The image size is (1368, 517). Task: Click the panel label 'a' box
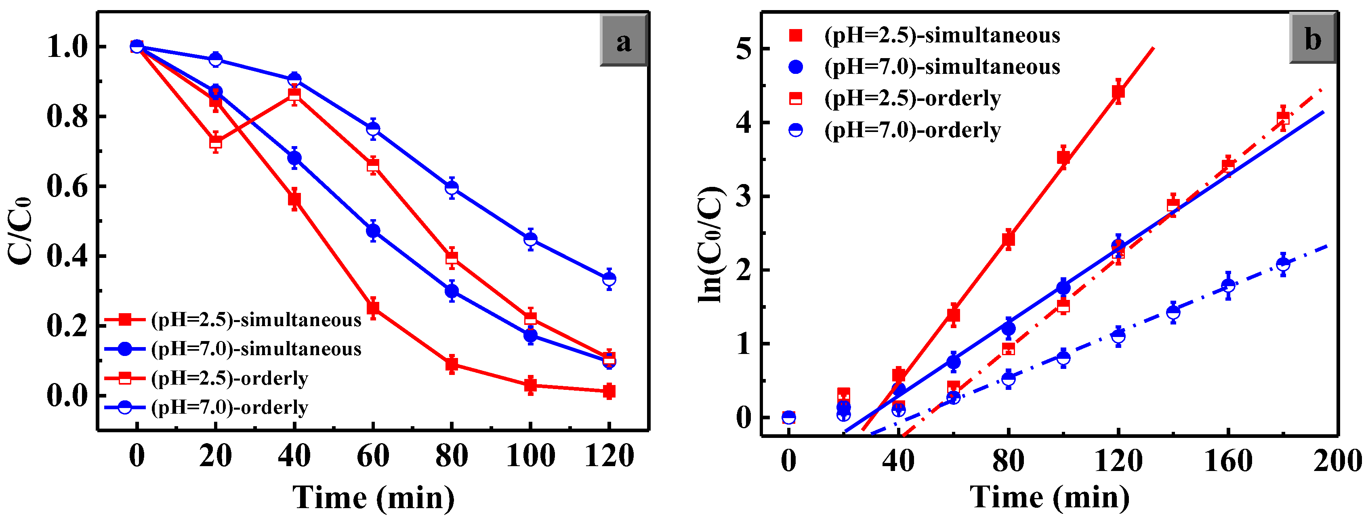click(624, 41)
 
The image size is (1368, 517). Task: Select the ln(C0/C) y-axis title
click(710, 244)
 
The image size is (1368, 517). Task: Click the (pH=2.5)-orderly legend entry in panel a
click(229, 378)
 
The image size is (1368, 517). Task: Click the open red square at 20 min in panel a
click(216, 142)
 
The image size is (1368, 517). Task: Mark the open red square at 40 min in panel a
click(294, 95)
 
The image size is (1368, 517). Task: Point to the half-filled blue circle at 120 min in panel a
click(609, 278)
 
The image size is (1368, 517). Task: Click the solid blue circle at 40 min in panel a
click(294, 158)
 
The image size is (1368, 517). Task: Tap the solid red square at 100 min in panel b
click(1063, 157)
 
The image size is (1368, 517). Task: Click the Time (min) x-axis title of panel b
click(1049, 497)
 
